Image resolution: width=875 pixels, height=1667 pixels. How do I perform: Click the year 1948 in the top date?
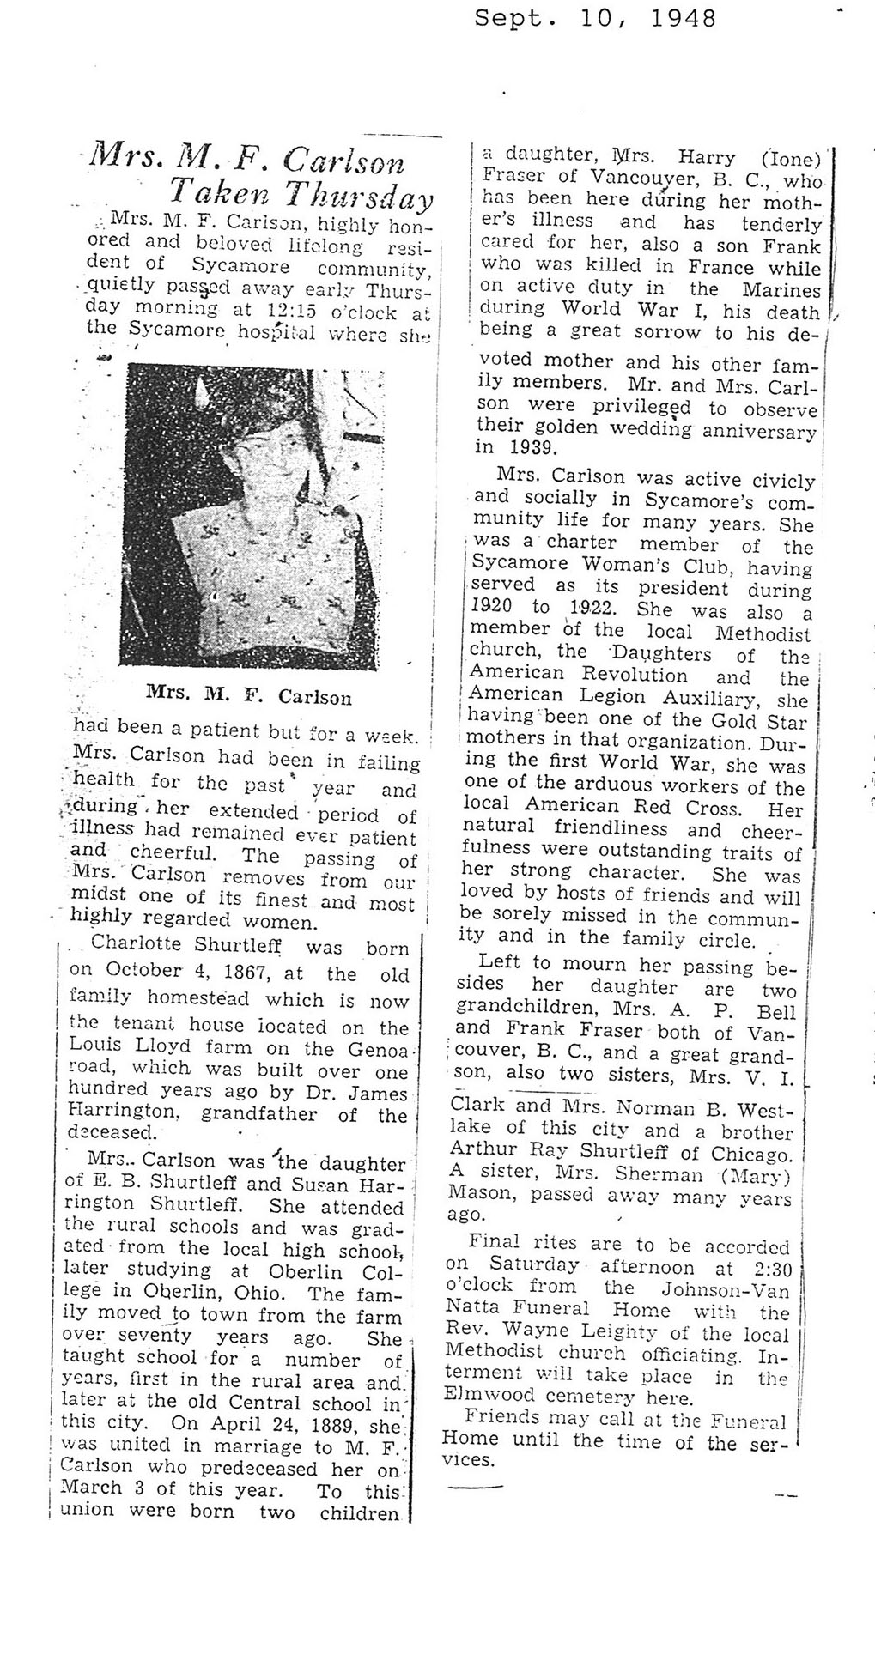(683, 18)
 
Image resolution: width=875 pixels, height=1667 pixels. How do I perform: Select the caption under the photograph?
(249, 696)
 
